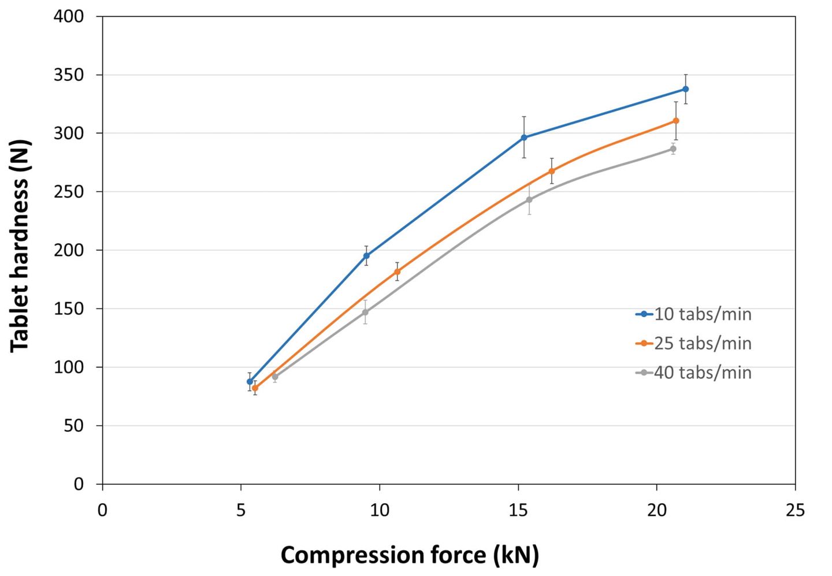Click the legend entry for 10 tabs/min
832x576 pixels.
pos(693,314)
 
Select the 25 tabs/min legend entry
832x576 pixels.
pos(693,343)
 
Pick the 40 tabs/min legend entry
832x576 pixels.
pos(693,373)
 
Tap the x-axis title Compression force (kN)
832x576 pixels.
pos(410,555)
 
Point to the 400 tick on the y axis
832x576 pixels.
pos(69,17)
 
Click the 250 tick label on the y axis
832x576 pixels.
pos(69,192)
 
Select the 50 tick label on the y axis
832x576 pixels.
pos(74,426)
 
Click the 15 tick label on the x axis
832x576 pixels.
pos(518,511)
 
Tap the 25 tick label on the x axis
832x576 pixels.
pos(795,511)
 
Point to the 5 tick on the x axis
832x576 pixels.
pos(241,511)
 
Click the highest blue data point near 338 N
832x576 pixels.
pos(686,89)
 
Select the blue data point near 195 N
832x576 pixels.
pos(366,256)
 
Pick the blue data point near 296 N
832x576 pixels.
pos(524,138)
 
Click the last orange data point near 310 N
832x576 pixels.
pos(676,121)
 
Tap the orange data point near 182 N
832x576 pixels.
pos(397,272)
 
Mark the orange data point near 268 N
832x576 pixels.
pos(552,171)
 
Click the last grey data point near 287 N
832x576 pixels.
pos(673,149)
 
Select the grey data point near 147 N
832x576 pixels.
pos(365,312)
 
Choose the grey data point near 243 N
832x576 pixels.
pos(529,200)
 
